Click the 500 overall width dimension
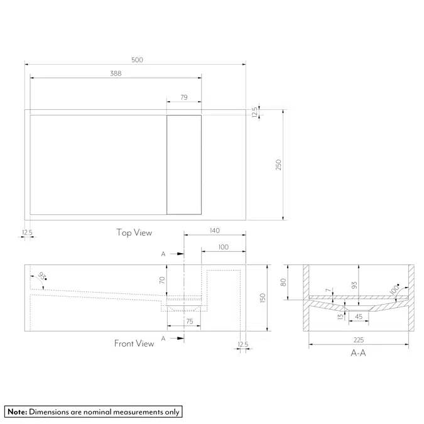tap(137, 60)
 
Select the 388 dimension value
tap(115, 73)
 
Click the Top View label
tap(134, 232)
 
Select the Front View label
tap(134, 344)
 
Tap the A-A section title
tap(359, 354)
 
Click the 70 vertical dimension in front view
tap(161, 281)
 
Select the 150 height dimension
tap(263, 297)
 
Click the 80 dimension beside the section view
tap(283, 282)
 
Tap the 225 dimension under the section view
tap(359, 339)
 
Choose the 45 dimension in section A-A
tap(358, 317)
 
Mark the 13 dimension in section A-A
tap(340, 316)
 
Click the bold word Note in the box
tap(16, 412)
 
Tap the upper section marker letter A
tap(163, 254)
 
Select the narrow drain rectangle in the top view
tap(184, 165)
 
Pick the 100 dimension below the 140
tap(223, 247)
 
